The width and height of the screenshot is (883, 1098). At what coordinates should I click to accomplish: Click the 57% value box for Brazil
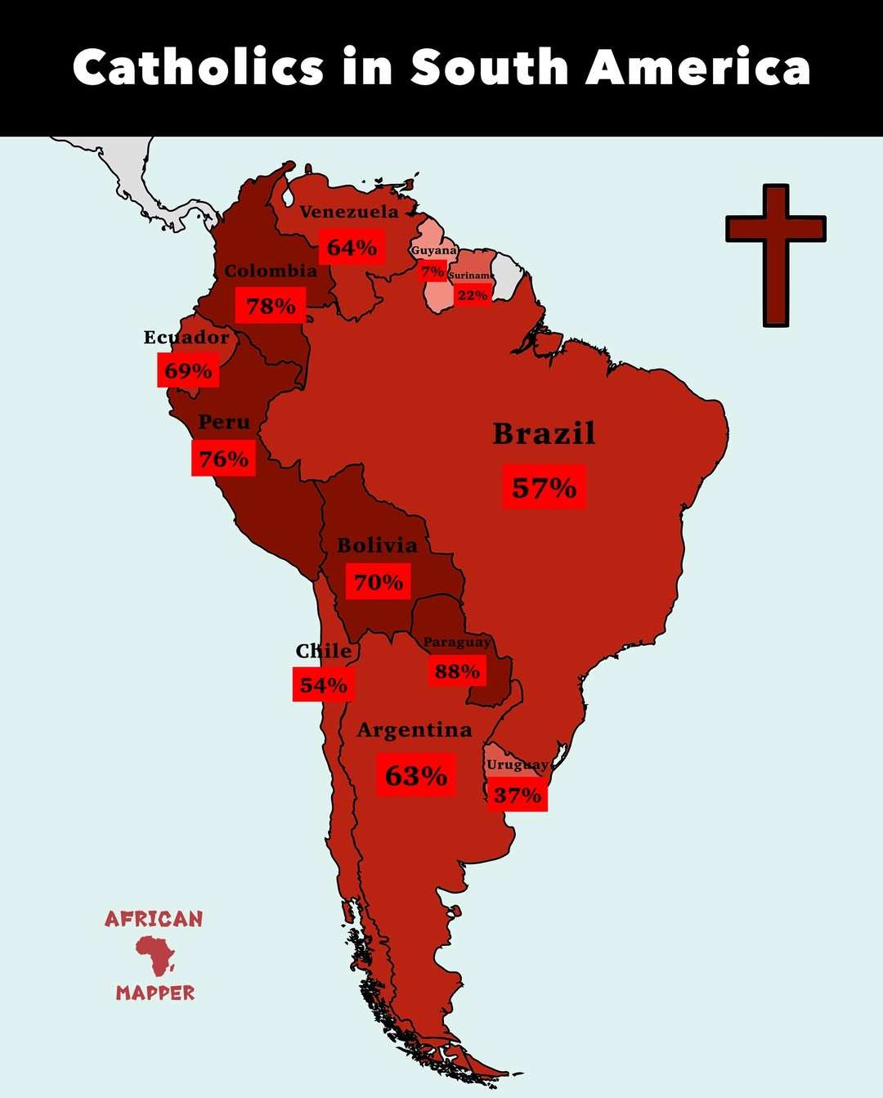pyautogui.click(x=545, y=487)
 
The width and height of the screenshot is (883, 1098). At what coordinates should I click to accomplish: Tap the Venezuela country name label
pyautogui.click(x=349, y=212)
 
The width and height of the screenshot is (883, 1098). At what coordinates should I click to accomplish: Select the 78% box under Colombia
pyautogui.click(x=271, y=306)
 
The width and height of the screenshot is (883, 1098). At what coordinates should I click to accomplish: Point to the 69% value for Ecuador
pyautogui.click(x=188, y=371)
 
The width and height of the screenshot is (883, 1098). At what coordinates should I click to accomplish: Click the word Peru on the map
pyautogui.click(x=224, y=422)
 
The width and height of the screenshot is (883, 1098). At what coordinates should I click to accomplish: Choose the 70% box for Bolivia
pyautogui.click(x=379, y=582)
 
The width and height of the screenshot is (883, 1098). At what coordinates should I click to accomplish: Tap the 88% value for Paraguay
pyautogui.click(x=457, y=671)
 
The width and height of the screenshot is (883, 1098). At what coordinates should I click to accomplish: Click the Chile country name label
pyautogui.click(x=324, y=651)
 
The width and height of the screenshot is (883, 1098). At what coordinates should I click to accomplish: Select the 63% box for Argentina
pyautogui.click(x=416, y=775)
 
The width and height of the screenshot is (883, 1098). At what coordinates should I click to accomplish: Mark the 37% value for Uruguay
pyautogui.click(x=518, y=795)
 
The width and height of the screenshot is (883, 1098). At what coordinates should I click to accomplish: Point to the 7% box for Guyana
pyautogui.click(x=433, y=271)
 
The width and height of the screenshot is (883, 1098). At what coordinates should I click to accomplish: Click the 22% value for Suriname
pyautogui.click(x=473, y=295)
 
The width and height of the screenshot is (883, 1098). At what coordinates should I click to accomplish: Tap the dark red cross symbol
pyautogui.click(x=775, y=254)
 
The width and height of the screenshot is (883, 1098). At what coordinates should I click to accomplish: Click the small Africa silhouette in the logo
pyautogui.click(x=155, y=954)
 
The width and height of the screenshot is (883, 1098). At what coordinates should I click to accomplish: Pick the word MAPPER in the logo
pyautogui.click(x=155, y=993)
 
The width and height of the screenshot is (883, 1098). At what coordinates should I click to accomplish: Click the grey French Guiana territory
pyautogui.click(x=508, y=274)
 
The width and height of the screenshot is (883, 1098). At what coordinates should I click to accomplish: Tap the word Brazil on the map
pyautogui.click(x=544, y=433)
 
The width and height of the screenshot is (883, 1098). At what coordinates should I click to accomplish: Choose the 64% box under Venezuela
pyautogui.click(x=352, y=247)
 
